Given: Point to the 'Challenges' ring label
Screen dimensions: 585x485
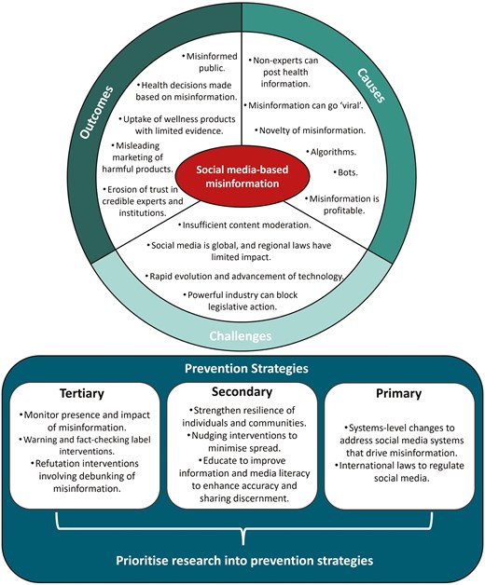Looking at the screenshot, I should point(242,333).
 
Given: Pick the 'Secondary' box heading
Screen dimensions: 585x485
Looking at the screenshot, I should point(242,392).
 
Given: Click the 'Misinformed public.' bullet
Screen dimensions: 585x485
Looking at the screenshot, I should point(188,60).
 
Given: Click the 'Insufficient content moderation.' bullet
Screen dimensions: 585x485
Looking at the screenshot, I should point(242,225).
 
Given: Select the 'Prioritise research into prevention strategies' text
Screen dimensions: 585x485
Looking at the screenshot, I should point(242,564).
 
